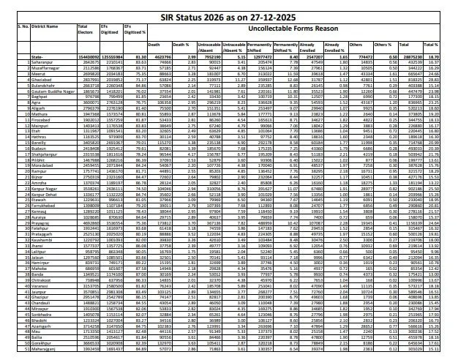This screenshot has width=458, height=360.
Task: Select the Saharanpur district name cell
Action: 34,60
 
